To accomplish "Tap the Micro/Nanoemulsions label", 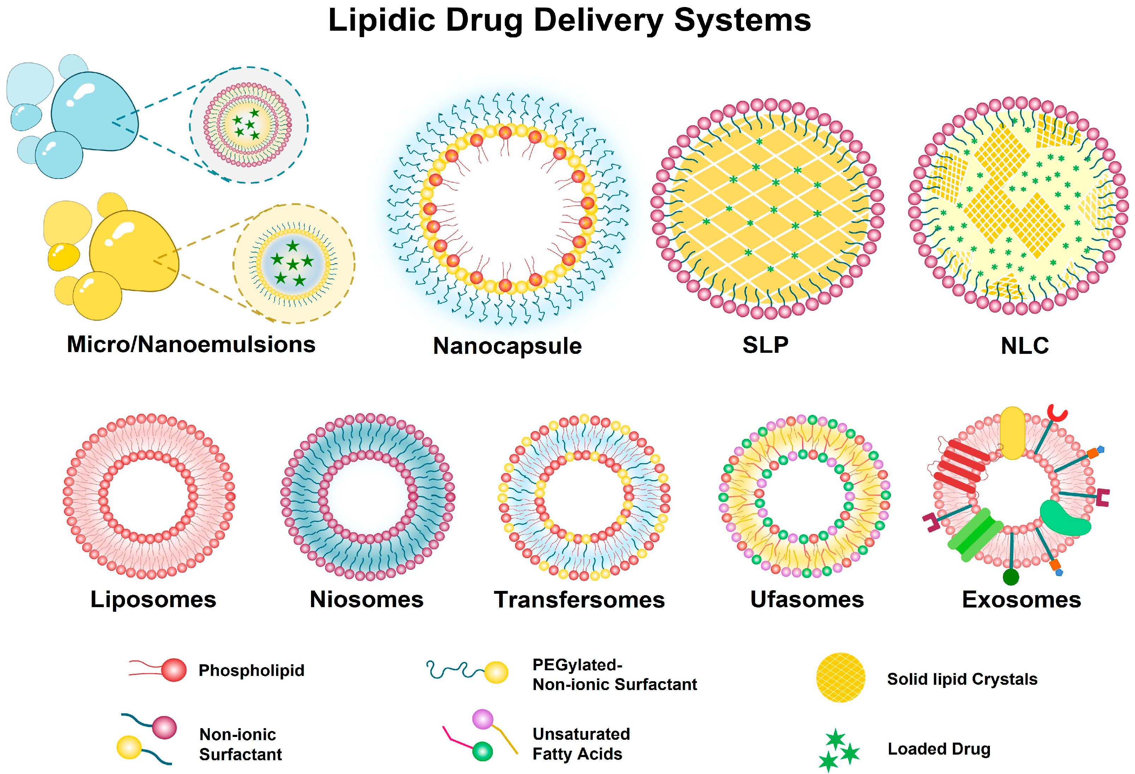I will tap(191, 345).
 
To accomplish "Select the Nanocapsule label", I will tap(507, 346).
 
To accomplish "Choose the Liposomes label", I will tap(153, 599).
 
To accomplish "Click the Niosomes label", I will tap(366, 599).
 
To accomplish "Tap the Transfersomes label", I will tap(579, 600).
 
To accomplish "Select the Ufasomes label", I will tap(807, 599).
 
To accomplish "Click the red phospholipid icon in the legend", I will tap(173, 670).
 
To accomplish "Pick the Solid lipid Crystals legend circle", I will tap(840, 677).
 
